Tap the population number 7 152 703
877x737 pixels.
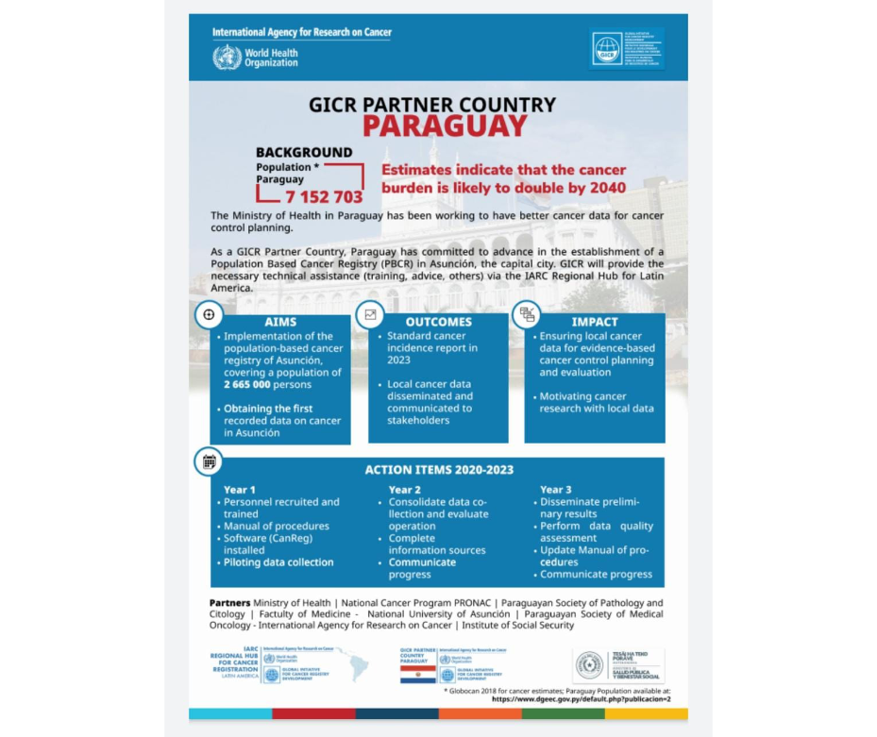pyautogui.click(x=324, y=196)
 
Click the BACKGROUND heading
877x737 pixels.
pyautogui.click(x=304, y=152)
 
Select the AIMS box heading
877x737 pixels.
pyautogui.click(x=280, y=322)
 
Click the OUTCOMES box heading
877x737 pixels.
pyautogui.click(x=439, y=322)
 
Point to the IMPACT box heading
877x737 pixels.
pyautogui.click(x=595, y=322)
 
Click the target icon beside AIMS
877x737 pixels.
pyautogui.click(x=209, y=315)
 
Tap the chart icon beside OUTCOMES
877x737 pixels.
pyautogui.click(x=370, y=315)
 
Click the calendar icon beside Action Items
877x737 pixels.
pyautogui.click(x=209, y=461)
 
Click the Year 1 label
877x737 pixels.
pyautogui.click(x=240, y=490)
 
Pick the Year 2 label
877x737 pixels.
pyautogui.click(x=405, y=490)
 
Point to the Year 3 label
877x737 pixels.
pyautogui.click(x=556, y=490)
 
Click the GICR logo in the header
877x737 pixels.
pyautogui.click(x=607, y=50)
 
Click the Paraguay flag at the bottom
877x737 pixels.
pyautogui.click(x=416, y=675)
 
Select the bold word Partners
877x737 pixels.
pyautogui.click(x=229, y=603)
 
